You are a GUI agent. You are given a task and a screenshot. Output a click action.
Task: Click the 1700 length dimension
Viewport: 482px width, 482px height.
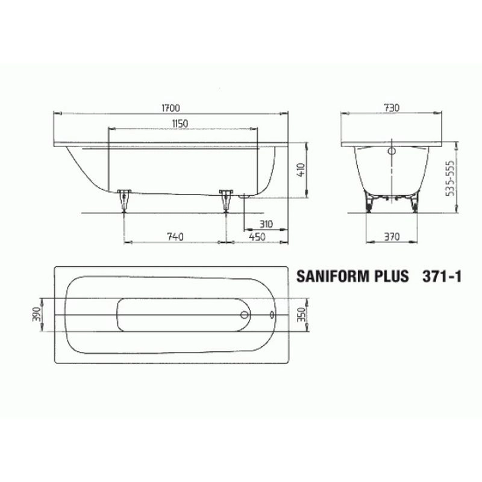coord(171,108)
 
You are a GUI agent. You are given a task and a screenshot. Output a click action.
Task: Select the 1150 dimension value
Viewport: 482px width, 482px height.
coord(180,124)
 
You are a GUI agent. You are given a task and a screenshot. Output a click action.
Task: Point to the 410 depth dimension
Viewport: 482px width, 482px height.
coord(301,169)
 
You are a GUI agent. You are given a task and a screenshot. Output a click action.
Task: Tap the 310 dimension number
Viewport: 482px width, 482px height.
coord(266,224)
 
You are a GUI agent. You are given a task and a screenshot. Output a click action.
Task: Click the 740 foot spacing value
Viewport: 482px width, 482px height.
coord(175,237)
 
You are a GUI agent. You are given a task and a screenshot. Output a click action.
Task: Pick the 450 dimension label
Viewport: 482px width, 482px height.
coord(257,237)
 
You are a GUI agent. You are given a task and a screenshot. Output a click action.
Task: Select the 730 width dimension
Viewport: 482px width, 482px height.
coord(391,108)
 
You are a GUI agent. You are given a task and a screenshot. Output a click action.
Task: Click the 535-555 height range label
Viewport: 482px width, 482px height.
coord(450,178)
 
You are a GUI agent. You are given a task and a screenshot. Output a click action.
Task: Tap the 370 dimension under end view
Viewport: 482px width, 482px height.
coord(392,237)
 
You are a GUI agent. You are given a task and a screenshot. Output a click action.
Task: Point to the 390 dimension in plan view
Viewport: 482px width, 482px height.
coord(36,314)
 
